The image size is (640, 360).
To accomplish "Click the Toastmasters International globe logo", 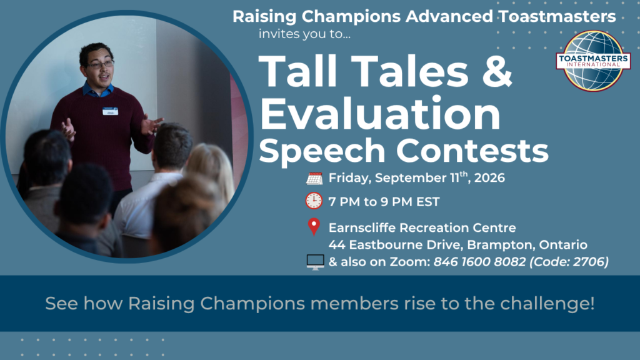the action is (593, 61).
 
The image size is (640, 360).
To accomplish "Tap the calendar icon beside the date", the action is (314, 178).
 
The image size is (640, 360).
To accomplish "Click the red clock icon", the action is (314, 201).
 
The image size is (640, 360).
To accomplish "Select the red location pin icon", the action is (314, 227).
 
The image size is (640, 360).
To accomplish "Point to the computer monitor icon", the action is (315, 262).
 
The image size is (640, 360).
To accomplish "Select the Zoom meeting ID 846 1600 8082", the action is (479, 262).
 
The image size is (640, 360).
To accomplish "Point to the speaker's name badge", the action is (110, 111).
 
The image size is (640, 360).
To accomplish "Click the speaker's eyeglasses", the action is (100, 64).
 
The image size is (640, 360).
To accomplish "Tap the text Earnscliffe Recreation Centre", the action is (422, 227).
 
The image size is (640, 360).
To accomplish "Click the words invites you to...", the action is (304, 34).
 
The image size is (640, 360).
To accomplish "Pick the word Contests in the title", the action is (472, 150).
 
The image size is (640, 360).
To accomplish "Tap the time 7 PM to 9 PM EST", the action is (384, 202).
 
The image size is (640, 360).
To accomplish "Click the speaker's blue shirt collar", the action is (98, 90).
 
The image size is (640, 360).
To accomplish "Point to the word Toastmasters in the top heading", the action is (557, 17).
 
